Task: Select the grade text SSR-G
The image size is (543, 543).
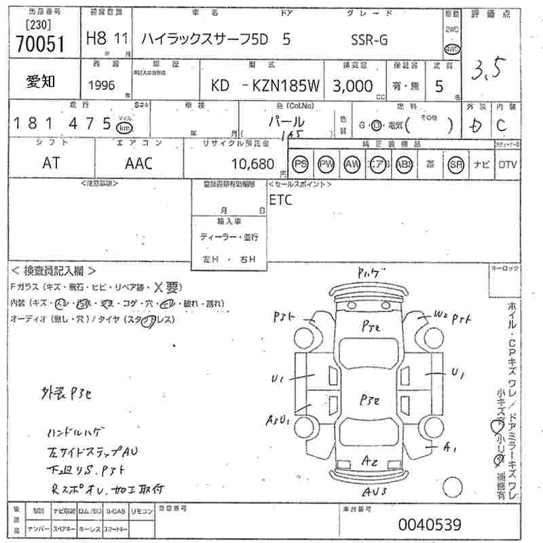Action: point(369,39)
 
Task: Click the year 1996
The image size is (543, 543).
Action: point(102,86)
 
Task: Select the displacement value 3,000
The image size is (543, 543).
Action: point(352,86)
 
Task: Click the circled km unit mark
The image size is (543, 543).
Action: point(124,127)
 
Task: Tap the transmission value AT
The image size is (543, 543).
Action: point(51,164)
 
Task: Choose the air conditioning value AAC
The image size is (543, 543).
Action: point(139,164)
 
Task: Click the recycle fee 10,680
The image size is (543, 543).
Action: point(252,164)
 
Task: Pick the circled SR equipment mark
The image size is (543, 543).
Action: point(455,164)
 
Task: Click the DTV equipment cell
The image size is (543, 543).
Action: point(507,164)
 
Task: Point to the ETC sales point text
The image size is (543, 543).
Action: point(281,200)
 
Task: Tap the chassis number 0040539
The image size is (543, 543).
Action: point(430,524)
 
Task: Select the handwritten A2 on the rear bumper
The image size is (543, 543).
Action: point(370,461)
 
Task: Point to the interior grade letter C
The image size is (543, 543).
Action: point(502,125)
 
